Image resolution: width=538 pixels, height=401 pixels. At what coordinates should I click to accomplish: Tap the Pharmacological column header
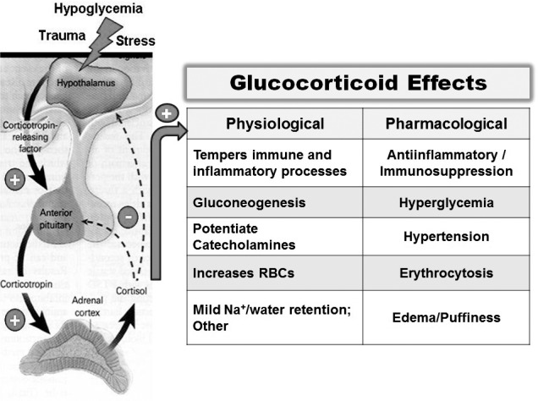pyautogui.click(x=447, y=124)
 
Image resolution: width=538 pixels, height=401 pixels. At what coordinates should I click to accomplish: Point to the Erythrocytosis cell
pyautogui.click(x=447, y=273)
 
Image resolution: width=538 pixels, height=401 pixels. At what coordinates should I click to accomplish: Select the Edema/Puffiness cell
pyautogui.click(x=447, y=317)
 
